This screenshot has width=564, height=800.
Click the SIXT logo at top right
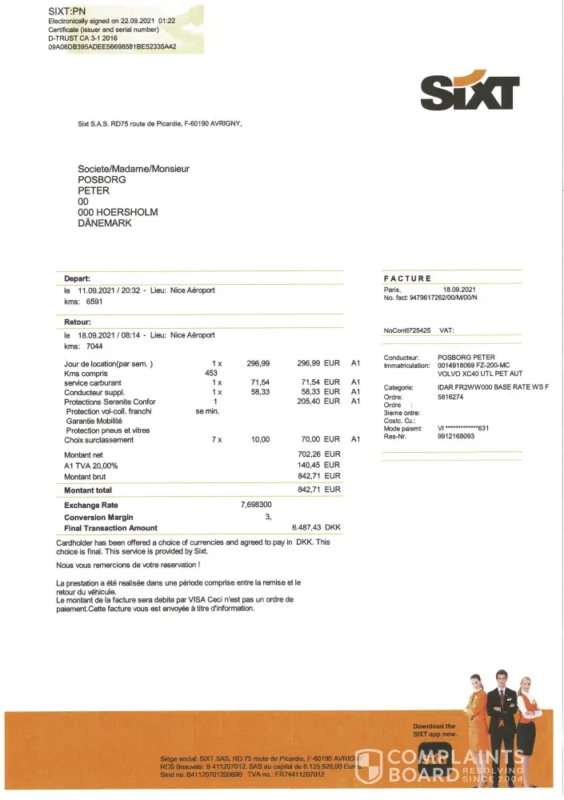click(x=470, y=92)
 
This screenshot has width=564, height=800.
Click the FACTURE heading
click(x=407, y=278)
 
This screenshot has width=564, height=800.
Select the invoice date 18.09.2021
click(x=459, y=289)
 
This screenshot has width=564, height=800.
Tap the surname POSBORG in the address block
click(x=101, y=180)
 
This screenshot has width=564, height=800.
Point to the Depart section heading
click(x=77, y=278)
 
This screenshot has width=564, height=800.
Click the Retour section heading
click(x=78, y=322)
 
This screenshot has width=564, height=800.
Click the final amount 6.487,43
click(x=309, y=528)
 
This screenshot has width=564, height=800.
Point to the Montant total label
click(x=88, y=490)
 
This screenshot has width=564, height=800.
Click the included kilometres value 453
click(x=211, y=373)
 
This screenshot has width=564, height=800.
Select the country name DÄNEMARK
click(x=105, y=223)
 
